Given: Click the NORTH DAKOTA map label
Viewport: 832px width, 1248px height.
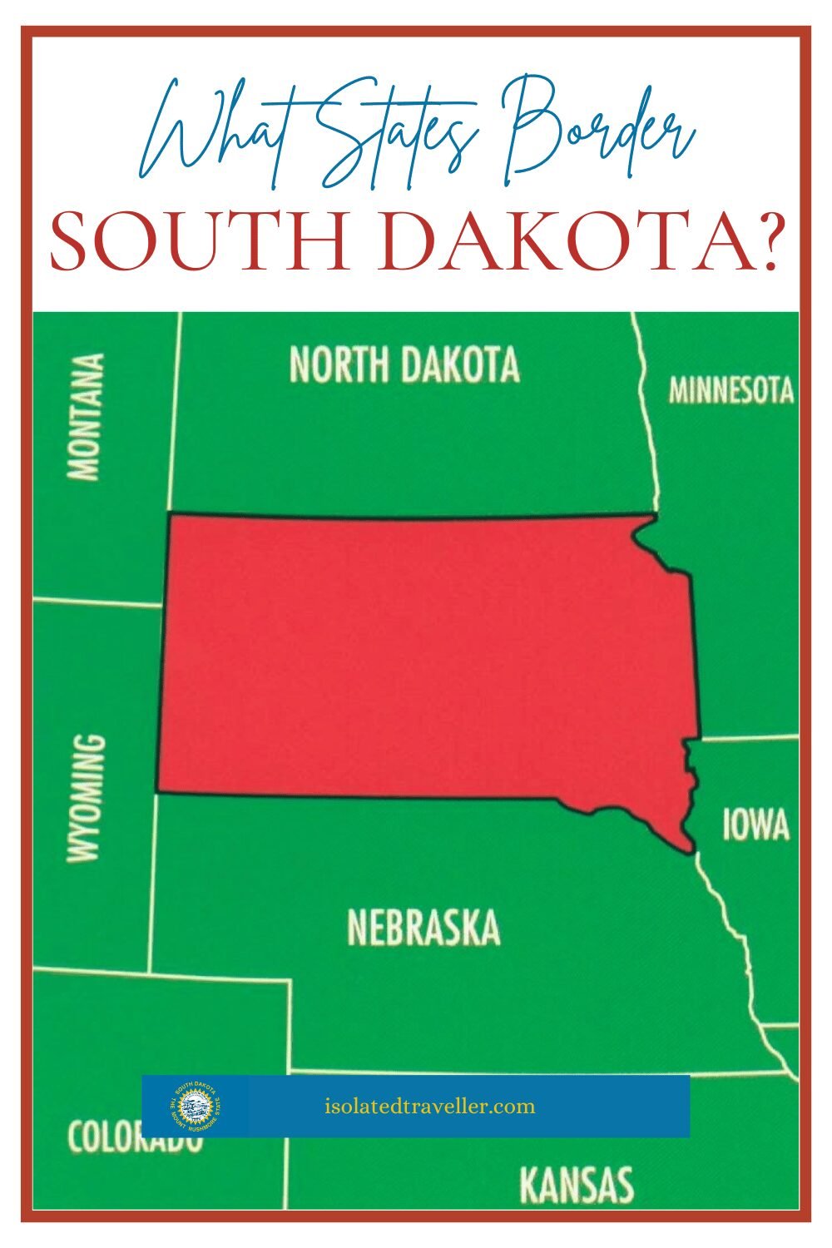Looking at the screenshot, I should pyautogui.click(x=404, y=364).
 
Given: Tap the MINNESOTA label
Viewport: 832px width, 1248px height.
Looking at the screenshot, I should pyautogui.click(x=731, y=390).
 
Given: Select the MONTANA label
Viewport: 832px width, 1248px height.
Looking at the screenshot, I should pyautogui.click(x=87, y=417).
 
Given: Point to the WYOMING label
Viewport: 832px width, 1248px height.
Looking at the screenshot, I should pyautogui.click(x=87, y=797).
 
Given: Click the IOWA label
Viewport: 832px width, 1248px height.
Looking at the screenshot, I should pyautogui.click(x=755, y=825).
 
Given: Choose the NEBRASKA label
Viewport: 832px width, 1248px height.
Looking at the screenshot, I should pyautogui.click(x=423, y=928).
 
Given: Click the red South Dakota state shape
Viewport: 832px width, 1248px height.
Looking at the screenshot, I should pyautogui.click(x=416, y=657).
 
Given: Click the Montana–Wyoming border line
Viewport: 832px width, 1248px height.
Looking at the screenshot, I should pyautogui.click(x=96, y=602).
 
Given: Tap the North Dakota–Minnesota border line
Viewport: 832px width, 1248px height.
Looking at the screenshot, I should pyautogui.click(x=647, y=416).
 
